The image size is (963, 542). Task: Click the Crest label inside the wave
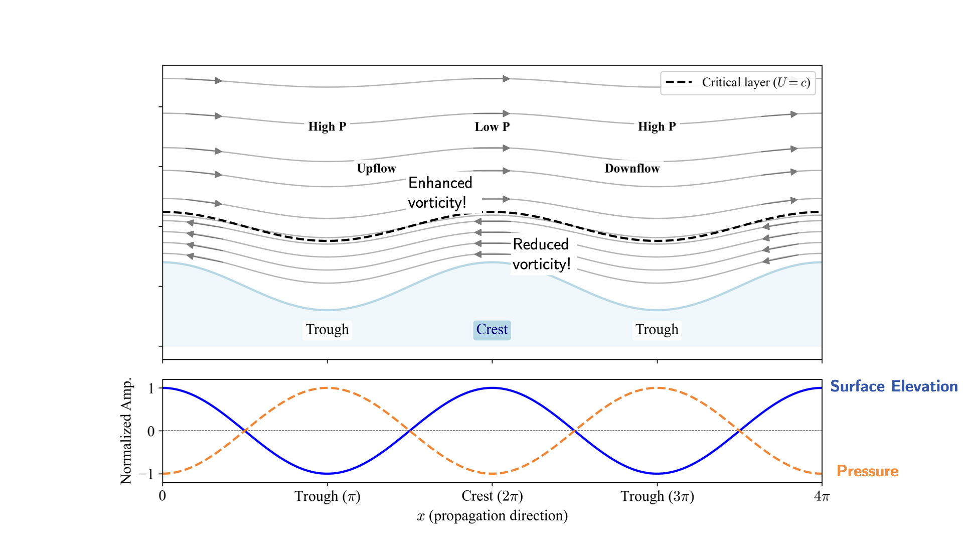[x=492, y=330]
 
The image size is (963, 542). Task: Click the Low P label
[x=492, y=127]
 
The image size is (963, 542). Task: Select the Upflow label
[x=376, y=169]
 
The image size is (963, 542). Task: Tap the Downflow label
[x=632, y=169]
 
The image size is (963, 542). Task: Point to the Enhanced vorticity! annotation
[x=440, y=193]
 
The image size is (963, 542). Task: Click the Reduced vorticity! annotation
[x=541, y=254]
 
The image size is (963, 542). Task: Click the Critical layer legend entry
[x=738, y=82]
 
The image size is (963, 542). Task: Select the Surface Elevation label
[x=894, y=386]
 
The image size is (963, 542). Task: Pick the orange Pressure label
[x=867, y=471]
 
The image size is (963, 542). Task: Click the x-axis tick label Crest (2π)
[x=492, y=496]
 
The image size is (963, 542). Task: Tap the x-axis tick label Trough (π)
[x=327, y=496]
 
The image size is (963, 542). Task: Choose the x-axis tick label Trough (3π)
[x=657, y=496]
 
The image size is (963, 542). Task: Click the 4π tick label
[x=822, y=496]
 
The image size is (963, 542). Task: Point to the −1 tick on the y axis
[x=146, y=474]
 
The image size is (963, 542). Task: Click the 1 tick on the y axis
[x=151, y=388]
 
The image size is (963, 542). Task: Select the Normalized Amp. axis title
[x=126, y=431]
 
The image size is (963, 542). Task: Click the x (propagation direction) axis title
[x=492, y=516]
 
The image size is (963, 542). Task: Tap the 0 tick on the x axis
[x=163, y=496]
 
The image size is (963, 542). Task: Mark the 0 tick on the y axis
[x=151, y=431]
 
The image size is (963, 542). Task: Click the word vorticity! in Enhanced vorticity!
[x=437, y=203]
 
